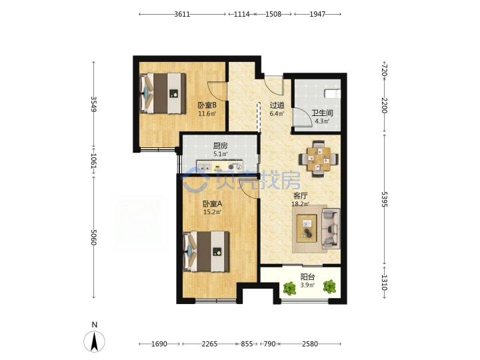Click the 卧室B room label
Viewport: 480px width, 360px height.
(207, 105)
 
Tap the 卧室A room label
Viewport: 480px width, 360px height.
(213, 203)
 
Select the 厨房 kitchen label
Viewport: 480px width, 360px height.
(221, 146)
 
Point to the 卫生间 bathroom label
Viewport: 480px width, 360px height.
(322, 113)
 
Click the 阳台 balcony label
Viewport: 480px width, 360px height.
(307, 277)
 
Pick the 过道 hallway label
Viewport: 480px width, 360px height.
(277, 105)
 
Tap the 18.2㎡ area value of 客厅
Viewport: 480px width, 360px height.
(300, 204)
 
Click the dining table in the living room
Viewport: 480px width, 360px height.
(319, 159)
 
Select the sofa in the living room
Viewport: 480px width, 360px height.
(331, 229)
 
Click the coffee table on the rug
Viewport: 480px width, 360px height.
(307, 229)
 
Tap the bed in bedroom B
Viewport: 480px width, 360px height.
(163, 93)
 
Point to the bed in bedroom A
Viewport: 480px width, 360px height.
(206, 251)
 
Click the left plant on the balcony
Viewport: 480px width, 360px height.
(289, 288)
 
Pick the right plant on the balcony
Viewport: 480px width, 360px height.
(329, 287)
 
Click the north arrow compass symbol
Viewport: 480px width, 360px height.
(94, 341)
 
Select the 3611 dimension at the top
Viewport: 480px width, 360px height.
(182, 14)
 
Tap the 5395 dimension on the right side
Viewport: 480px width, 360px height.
(385, 199)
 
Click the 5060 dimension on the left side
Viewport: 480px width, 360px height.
(94, 237)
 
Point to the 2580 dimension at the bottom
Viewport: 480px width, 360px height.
(310, 344)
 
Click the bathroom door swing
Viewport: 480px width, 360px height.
(303, 117)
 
